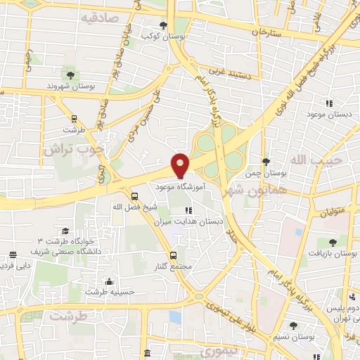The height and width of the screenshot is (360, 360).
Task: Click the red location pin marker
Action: [x=181, y=165]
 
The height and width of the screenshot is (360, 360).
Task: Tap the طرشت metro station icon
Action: [x=74, y=118]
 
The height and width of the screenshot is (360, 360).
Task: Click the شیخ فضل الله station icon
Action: [x=134, y=195]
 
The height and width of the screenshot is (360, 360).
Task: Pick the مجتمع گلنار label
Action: [x=172, y=267]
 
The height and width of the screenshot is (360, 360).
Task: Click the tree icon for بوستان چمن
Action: [x=265, y=162]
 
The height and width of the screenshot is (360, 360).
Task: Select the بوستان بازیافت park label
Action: [x=333, y=251]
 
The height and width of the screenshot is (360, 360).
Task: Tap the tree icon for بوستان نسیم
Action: [x=293, y=325]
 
